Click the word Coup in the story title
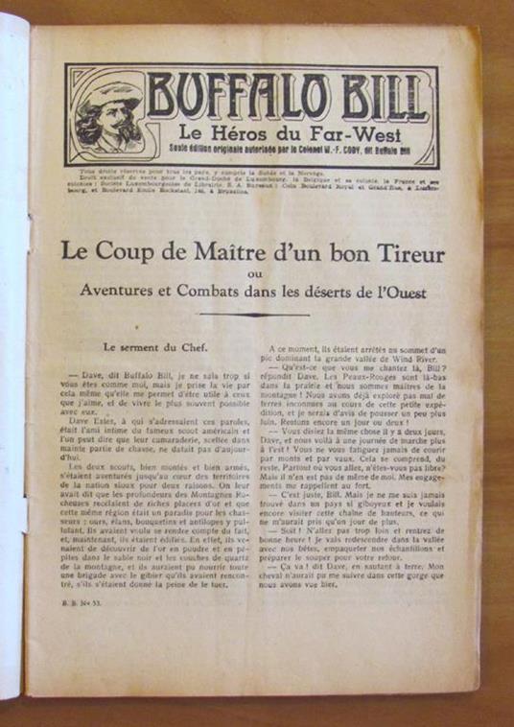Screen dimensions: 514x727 pos(127,254)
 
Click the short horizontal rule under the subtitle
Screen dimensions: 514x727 pos(253,315)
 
